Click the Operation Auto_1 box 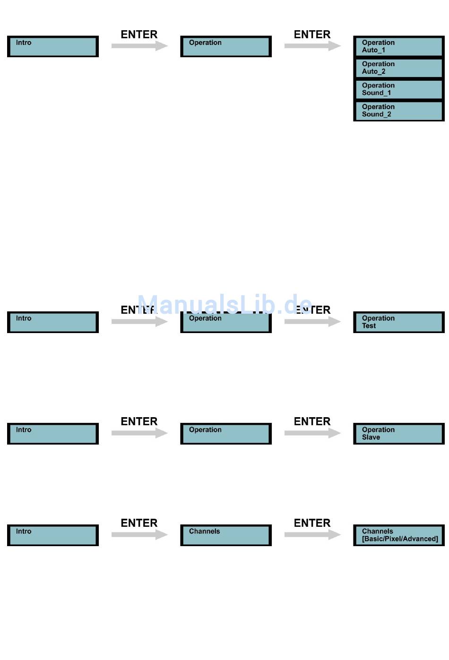click(398, 46)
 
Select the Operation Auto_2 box click(398, 68)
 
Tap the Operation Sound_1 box click(398, 89)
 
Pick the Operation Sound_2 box click(398, 111)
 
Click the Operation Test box click(398, 322)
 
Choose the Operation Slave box click(398, 434)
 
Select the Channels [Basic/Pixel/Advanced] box click(398, 535)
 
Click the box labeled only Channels click(226, 535)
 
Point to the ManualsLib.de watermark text click(225, 304)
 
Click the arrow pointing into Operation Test click(312, 322)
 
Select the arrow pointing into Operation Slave click(312, 433)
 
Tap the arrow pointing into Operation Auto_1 click(312, 46)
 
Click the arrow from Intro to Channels click(139, 535)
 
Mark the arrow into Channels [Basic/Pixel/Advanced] click(312, 535)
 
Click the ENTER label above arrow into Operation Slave click(312, 421)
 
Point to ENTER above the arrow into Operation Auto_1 click(312, 34)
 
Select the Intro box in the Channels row click(53, 535)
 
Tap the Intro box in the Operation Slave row click(53, 434)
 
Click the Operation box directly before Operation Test click(226, 322)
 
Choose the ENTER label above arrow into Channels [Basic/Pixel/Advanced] click(312, 523)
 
